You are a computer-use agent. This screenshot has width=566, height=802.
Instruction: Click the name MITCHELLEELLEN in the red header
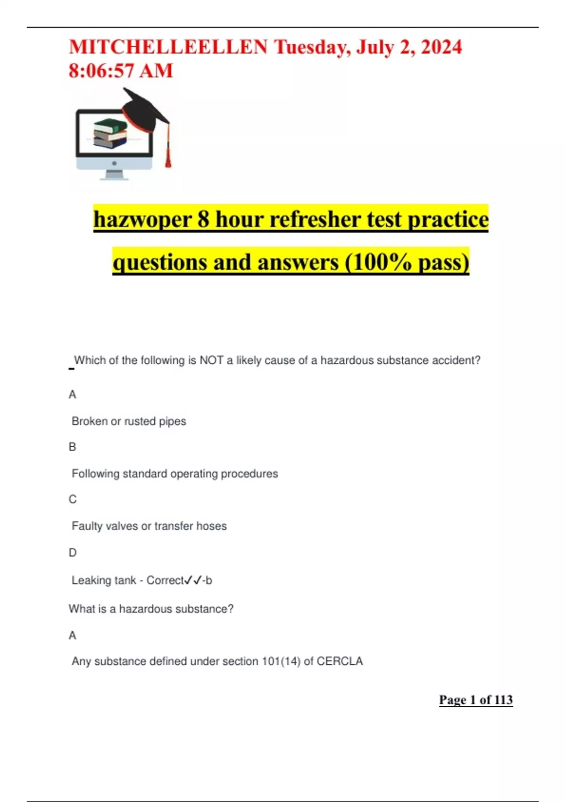(x=168, y=47)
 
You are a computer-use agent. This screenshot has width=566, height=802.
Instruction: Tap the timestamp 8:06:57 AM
(x=121, y=71)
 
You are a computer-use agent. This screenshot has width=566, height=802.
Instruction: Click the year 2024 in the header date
(x=441, y=47)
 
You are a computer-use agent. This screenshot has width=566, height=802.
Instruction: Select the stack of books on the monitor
(x=110, y=134)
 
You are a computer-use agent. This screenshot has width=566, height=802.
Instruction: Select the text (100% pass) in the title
(x=407, y=262)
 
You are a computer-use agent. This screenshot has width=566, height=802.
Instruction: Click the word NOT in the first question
(x=211, y=360)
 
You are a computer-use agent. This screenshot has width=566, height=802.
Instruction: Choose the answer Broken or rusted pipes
(x=129, y=421)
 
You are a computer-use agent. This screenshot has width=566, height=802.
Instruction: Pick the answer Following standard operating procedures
(x=175, y=474)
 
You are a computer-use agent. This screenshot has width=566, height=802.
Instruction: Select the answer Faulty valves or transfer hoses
(x=149, y=526)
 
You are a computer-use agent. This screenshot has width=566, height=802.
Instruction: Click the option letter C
(x=73, y=500)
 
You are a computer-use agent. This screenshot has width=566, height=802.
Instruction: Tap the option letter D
(x=73, y=552)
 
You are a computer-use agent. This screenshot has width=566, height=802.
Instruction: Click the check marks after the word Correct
(x=193, y=580)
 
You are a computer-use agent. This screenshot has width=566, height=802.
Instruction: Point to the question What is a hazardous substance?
(x=151, y=609)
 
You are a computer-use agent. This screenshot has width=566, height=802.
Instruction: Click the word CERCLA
(x=340, y=661)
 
